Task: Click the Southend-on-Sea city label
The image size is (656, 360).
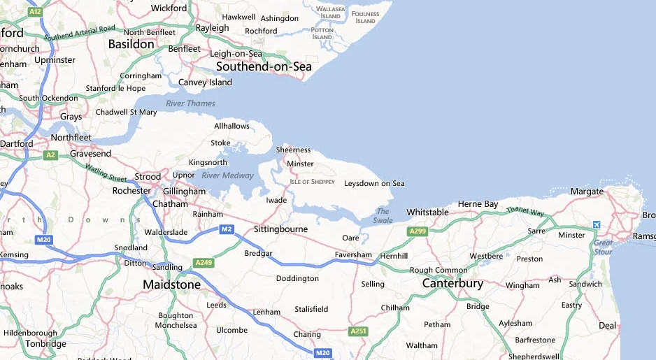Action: pos(264,67)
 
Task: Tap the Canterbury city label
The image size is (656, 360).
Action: pos(452,283)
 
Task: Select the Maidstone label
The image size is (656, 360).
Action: pos(171,285)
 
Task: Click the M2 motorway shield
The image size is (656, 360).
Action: pos(227,229)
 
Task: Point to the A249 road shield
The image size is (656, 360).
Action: pos(204,263)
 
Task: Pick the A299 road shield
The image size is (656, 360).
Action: pos(418,231)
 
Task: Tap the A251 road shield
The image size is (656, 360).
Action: pos(359,331)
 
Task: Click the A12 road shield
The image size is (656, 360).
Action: pos(36,12)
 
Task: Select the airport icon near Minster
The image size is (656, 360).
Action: pos(596,225)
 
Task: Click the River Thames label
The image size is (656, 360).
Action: pos(191,103)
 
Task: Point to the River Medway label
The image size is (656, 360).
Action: pos(227,175)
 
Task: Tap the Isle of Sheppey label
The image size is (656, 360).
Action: pos(312,182)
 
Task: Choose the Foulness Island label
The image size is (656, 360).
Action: pos(365,17)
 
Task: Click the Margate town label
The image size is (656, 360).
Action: pos(586,191)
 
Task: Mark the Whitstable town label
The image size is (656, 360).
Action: pos(427,212)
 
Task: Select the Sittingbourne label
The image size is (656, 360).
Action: pos(280,229)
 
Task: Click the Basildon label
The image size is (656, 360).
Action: pos(131,44)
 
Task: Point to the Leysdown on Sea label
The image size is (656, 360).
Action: pos(374,183)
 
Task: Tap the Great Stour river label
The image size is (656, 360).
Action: pos(602,247)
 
